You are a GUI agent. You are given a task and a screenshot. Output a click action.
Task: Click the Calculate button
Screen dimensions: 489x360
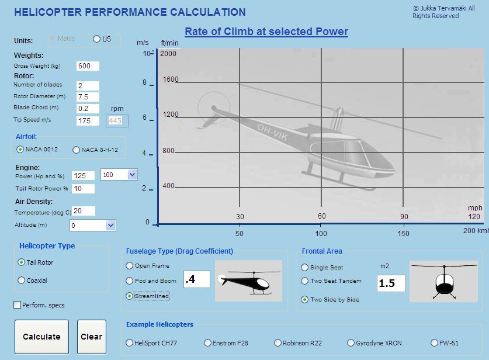coord(42,337)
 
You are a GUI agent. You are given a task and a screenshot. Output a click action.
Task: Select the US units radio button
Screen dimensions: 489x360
coord(96,39)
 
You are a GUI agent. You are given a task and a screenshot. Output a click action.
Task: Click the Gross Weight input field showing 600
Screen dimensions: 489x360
coord(88,66)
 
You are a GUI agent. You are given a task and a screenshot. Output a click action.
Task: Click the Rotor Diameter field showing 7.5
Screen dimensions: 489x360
coord(88,96)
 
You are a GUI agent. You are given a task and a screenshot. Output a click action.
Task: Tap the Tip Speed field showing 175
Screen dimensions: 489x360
coord(88,121)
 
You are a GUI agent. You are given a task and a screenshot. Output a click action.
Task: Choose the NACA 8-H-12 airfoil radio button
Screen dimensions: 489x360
coord(76,150)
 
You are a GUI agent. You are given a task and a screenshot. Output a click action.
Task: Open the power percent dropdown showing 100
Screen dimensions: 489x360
coord(132,175)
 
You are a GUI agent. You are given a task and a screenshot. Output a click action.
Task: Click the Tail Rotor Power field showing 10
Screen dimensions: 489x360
coord(83,189)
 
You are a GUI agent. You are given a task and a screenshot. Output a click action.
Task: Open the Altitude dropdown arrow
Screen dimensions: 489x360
coord(110,226)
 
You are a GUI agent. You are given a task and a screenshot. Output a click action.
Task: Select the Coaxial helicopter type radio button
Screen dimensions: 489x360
coord(21,281)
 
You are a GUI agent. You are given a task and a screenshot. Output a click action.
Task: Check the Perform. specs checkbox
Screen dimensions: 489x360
coord(18,305)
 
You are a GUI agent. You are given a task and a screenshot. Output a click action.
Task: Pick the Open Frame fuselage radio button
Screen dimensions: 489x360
coord(129,266)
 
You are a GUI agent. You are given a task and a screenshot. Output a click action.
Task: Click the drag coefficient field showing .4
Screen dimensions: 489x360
coord(197,279)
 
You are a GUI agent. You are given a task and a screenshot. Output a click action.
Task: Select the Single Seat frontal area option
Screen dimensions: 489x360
coord(304,267)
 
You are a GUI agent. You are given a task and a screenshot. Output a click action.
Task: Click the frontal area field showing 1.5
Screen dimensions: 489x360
coord(391,283)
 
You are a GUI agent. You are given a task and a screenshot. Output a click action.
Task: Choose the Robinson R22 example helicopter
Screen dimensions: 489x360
coord(278,343)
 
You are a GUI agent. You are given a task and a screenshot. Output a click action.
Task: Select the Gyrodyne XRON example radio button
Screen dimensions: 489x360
coord(351,343)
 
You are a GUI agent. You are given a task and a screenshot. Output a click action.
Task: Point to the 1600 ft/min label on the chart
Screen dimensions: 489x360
coord(171,79)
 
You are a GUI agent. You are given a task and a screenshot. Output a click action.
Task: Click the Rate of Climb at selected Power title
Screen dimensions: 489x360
coord(266,32)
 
